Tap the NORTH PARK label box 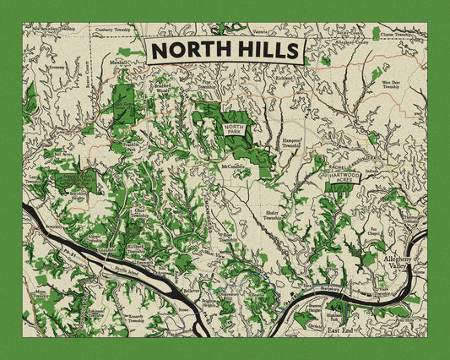[x=234, y=129]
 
